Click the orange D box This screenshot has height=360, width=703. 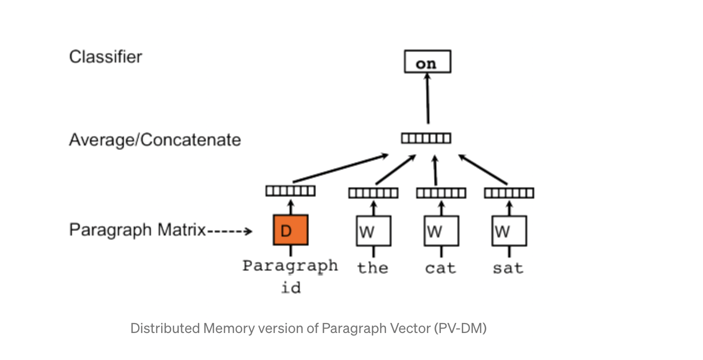click(291, 230)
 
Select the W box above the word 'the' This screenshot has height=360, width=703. click(373, 231)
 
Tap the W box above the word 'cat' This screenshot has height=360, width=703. click(441, 231)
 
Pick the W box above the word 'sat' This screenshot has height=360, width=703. click(509, 231)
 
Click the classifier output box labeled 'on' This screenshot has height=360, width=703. click(427, 62)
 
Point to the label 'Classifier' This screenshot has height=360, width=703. click(105, 56)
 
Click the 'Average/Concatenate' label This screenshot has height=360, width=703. click(155, 139)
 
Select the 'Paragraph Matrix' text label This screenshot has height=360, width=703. click(137, 230)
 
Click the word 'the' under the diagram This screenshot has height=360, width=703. click(373, 268)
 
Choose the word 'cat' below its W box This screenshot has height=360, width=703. click(440, 268)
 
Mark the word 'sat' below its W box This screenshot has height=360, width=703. click(508, 268)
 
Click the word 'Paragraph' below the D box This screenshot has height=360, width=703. click(290, 265)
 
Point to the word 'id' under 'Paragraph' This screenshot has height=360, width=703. click(291, 288)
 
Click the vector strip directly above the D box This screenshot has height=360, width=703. click(291, 190)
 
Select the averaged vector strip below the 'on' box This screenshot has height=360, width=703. click(426, 138)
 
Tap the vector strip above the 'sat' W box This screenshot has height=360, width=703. click(509, 193)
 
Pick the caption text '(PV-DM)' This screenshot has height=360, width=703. click(459, 328)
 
